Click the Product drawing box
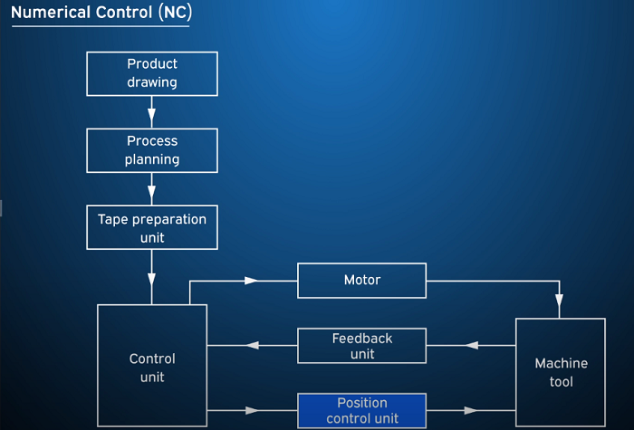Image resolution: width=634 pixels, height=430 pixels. tap(152, 74)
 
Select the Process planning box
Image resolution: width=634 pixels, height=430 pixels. tap(152, 151)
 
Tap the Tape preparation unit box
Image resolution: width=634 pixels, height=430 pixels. tap(152, 227)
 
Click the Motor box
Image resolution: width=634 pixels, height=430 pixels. tap(362, 281)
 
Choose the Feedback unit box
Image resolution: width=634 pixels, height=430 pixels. tap(362, 346)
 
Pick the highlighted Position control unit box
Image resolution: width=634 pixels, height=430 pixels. tap(362, 411)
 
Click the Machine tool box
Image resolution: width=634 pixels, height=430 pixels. tap(561, 373)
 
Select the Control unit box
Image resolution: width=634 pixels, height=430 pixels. tap(152, 366)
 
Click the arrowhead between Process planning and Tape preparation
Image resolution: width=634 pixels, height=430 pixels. tap(151, 192)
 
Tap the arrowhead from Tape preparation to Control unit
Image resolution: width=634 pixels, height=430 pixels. tap(151, 280)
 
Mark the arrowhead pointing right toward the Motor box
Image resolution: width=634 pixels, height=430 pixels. tap(251, 281)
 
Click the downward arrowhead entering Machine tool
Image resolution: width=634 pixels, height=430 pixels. tap(560, 301)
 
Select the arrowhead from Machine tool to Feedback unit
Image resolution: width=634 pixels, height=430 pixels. tap(472, 346)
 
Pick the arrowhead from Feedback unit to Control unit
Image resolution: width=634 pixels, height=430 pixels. tap(253, 346)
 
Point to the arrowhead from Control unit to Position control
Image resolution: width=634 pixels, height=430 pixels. tap(252, 411)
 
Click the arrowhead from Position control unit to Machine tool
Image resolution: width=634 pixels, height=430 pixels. tap(471, 411)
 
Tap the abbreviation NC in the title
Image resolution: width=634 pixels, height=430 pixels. tap(175, 13)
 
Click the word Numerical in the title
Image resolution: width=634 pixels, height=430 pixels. tap(51, 13)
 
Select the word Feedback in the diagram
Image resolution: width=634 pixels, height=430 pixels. tap(362, 339)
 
